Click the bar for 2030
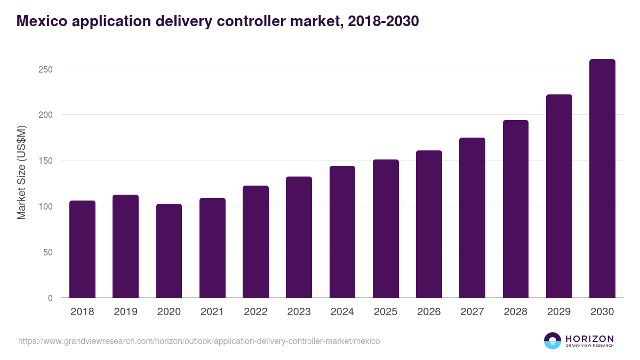coord(602,179)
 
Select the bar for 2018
coord(83,249)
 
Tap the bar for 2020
coord(169,251)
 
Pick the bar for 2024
coord(342,232)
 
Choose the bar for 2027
coord(472,218)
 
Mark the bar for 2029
coord(559,196)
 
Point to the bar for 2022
coord(255,242)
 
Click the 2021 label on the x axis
coord(212,312)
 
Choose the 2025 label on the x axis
coord(386,312)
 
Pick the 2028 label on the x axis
coord(516,312)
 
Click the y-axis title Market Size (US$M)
coord(21,172)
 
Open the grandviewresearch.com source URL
coord(199,341)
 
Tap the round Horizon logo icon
coord(553,341)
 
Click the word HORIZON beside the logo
coord(589,339)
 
